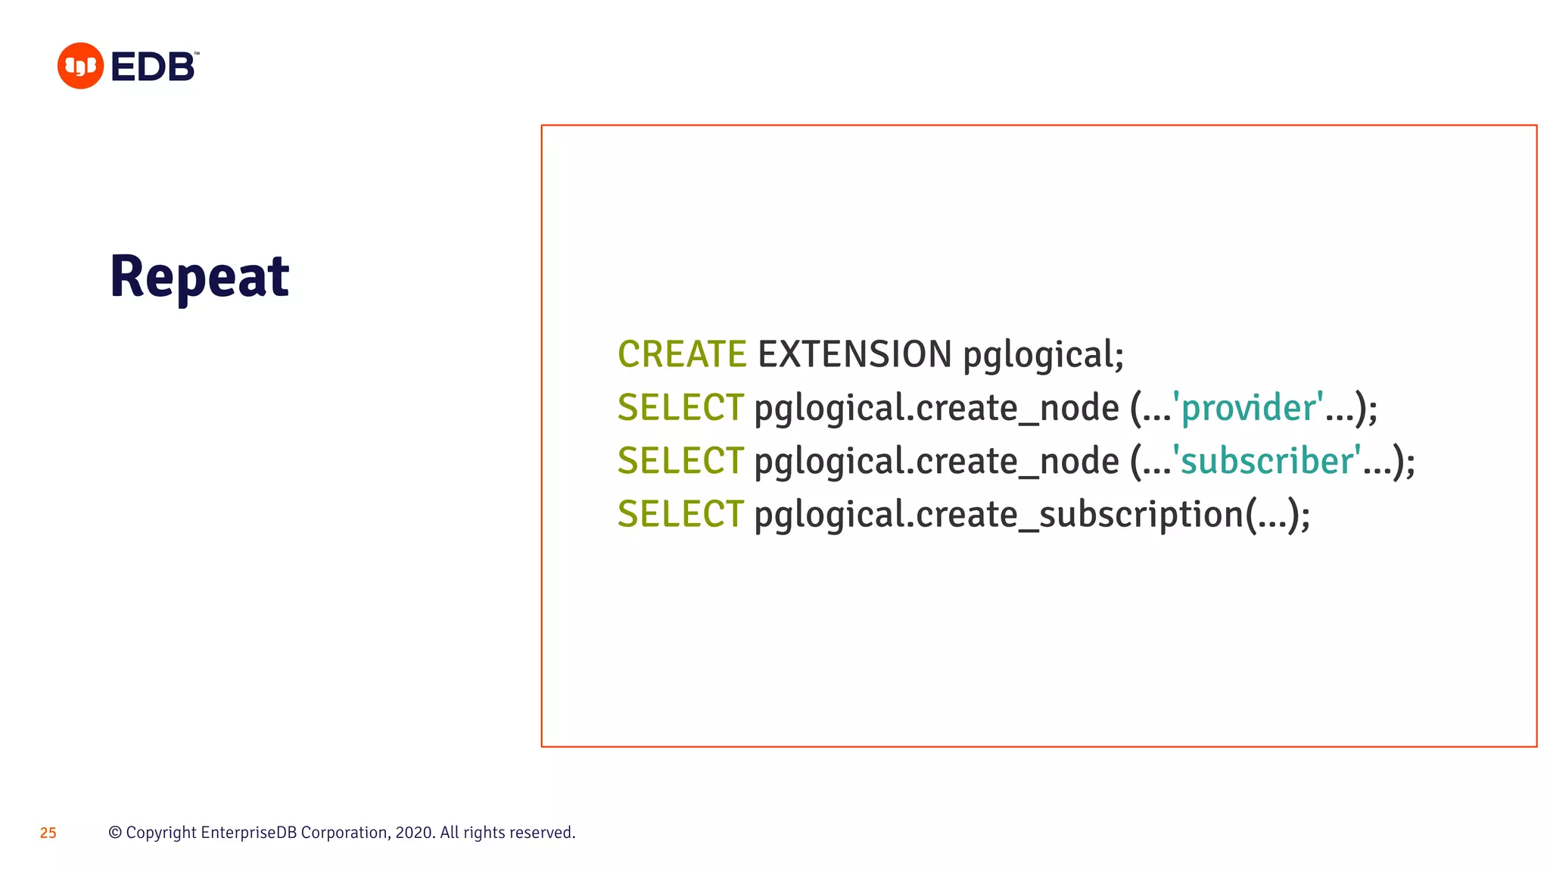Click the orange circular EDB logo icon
(x=80, y=66)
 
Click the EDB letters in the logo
(x=153, y=67)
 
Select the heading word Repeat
(x=199, y=277)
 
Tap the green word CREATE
(x=682, y=354)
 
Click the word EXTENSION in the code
(x=854, y=354)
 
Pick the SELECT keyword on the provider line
(x=680, y=408)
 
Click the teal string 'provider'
(x=1248, y=408)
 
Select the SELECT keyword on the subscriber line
(x=680, y=461)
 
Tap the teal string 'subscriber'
(x=1267, y=461)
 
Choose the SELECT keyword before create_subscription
(x=680, y=514)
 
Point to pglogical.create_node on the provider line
(x=936, y=409)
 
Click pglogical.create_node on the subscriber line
(x=936, y=462)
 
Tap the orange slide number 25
(x=48, y=833)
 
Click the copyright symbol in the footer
(x=115, y=833)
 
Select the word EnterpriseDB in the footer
(x=248, y=833)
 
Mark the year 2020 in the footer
(x=413, y=833)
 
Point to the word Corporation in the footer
(x=345, y=833)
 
